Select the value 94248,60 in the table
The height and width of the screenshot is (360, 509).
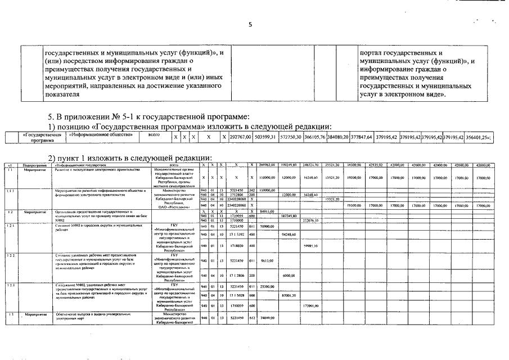pos(289,234)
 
